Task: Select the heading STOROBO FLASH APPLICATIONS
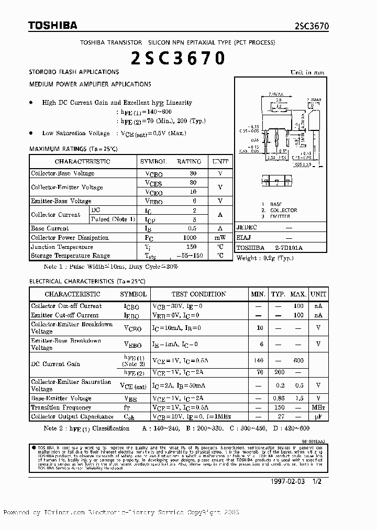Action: point(74,72)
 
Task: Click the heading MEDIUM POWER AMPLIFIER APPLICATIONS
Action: point(90,84)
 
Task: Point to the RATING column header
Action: point(188,162)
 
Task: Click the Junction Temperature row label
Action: point(62,247)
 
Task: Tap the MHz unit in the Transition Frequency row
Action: point(318,407)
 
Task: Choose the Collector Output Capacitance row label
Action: point(72,417)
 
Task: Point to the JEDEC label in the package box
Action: point(247,228)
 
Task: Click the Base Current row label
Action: point(50,228)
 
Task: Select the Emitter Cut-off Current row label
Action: point(64,315)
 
